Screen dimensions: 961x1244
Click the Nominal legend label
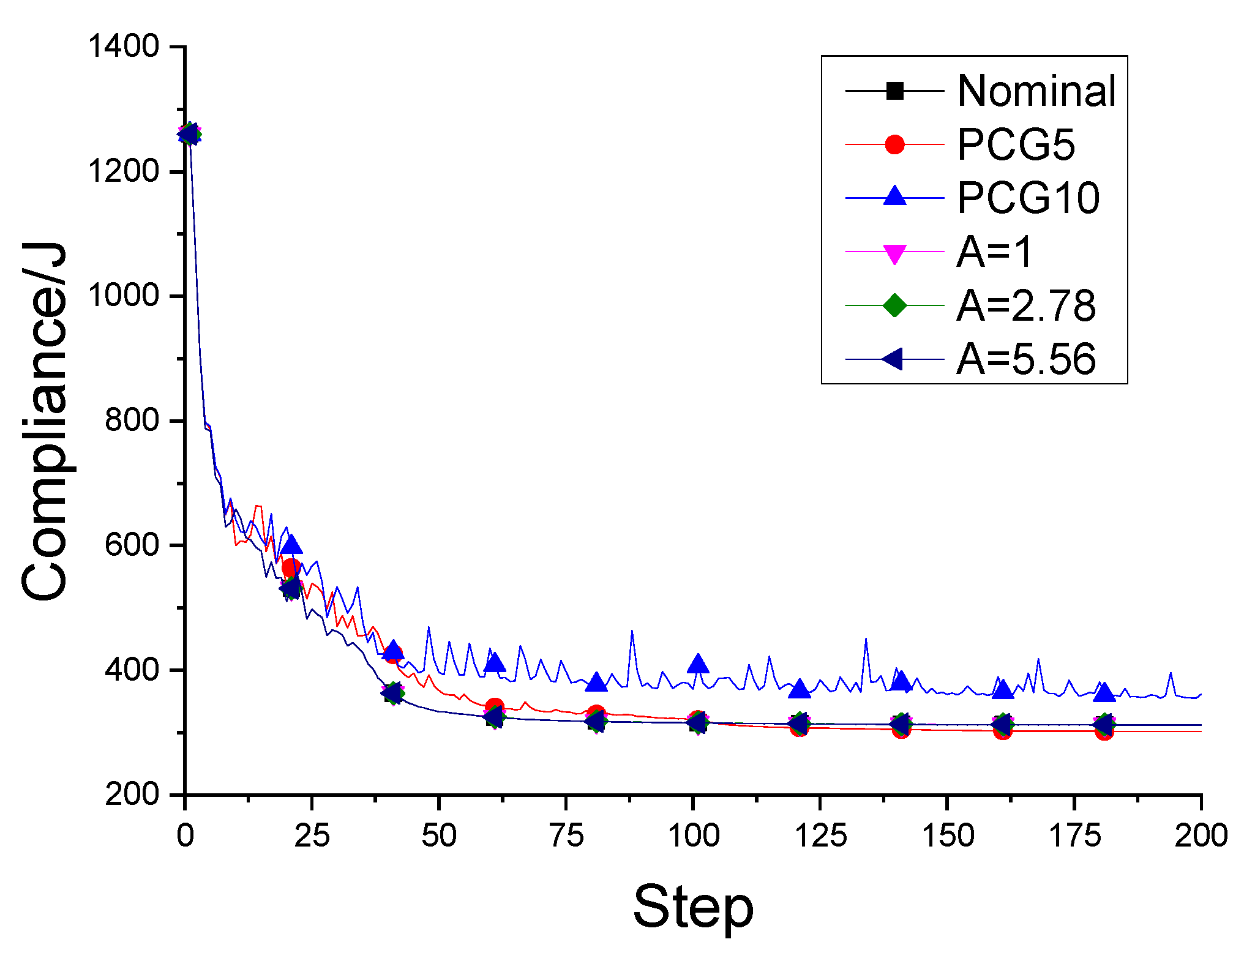coord(1036,91)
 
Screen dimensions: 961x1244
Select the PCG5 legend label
coord(1016,145)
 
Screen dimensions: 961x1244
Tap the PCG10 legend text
coord(1028,198)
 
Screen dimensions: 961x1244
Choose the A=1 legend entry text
coord(994,252)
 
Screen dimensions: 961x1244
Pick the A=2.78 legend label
coord(1025,305)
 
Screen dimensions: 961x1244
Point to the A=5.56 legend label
coord(1025,359)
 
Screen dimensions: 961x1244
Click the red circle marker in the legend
coord(894,145)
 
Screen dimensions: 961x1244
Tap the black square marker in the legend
coord(894,91)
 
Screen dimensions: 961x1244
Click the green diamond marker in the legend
coord(894,305)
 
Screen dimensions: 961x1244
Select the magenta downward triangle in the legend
coord(894,253)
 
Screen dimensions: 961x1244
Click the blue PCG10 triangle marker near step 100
coord(698,663)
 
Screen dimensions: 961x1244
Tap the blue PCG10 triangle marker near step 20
coord(291,544)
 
